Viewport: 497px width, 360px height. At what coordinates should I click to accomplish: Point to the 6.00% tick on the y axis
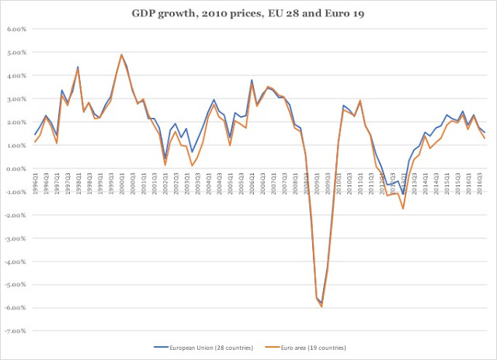tap(16, 29)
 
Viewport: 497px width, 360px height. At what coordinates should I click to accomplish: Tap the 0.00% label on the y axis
tap(16, 168)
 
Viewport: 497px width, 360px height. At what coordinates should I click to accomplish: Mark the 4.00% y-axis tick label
tap(16, 76)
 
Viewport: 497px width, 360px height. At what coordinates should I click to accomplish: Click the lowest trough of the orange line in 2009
tap(321, 307)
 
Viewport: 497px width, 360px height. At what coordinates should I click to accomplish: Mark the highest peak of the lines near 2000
tap(122, 55)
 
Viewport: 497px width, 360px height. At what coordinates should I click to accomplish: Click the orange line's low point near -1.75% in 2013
tap(403, 209)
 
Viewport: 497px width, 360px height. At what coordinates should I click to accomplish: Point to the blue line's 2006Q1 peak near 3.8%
tap(252, 80)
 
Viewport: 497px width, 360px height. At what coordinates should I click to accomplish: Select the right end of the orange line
tap(485, 138)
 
